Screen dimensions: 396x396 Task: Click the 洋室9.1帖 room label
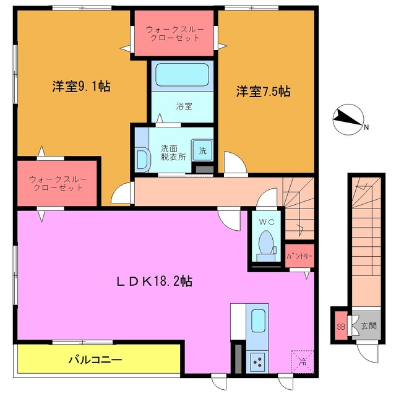point(81,87)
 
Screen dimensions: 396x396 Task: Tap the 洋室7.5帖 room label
point(262,92)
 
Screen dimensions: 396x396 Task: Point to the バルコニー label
point(95,359)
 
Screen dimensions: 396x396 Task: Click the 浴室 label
point(184,106)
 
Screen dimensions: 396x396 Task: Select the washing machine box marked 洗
point(202,149)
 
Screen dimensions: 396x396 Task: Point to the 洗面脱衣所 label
point(173,153)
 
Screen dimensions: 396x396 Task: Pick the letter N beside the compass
point(366,128)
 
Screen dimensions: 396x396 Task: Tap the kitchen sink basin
point(258,321)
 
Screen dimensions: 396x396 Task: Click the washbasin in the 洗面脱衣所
point(142,159)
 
